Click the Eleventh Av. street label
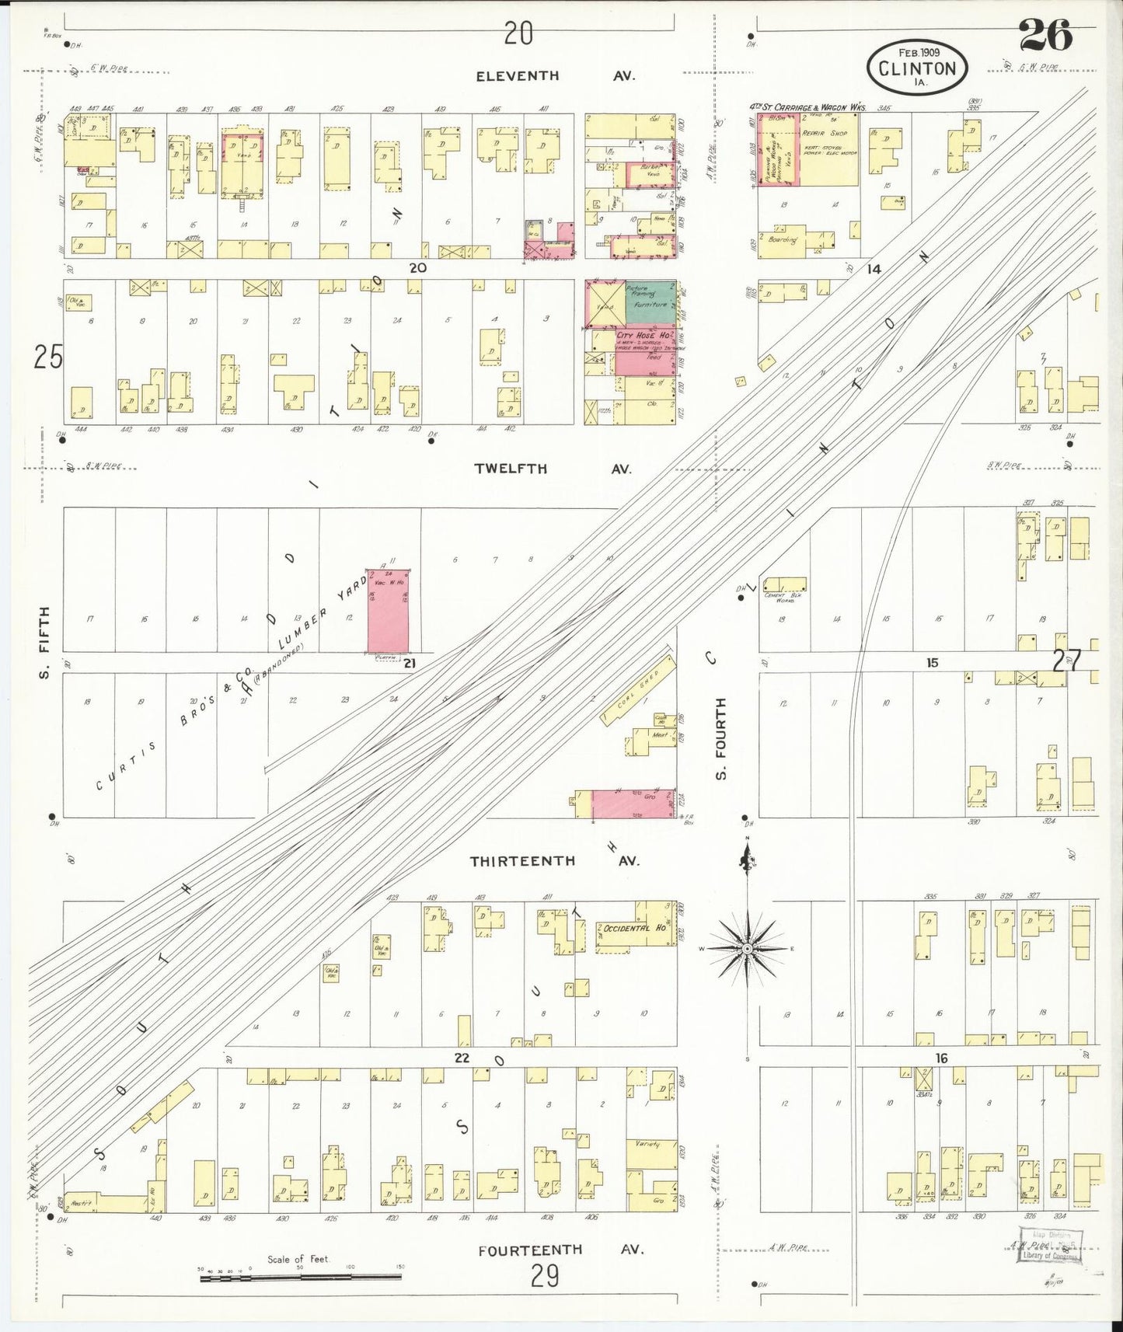(556, 76)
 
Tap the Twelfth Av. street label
(553, 469)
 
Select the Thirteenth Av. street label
(554, 861)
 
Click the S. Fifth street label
(44, 643)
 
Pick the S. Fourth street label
(720, 738)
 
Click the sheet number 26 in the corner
(1045, 34)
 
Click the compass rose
(746, 948)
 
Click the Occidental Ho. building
(634, 929)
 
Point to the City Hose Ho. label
(642, 336)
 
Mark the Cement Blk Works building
(784, 584)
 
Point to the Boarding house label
(783, 240)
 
